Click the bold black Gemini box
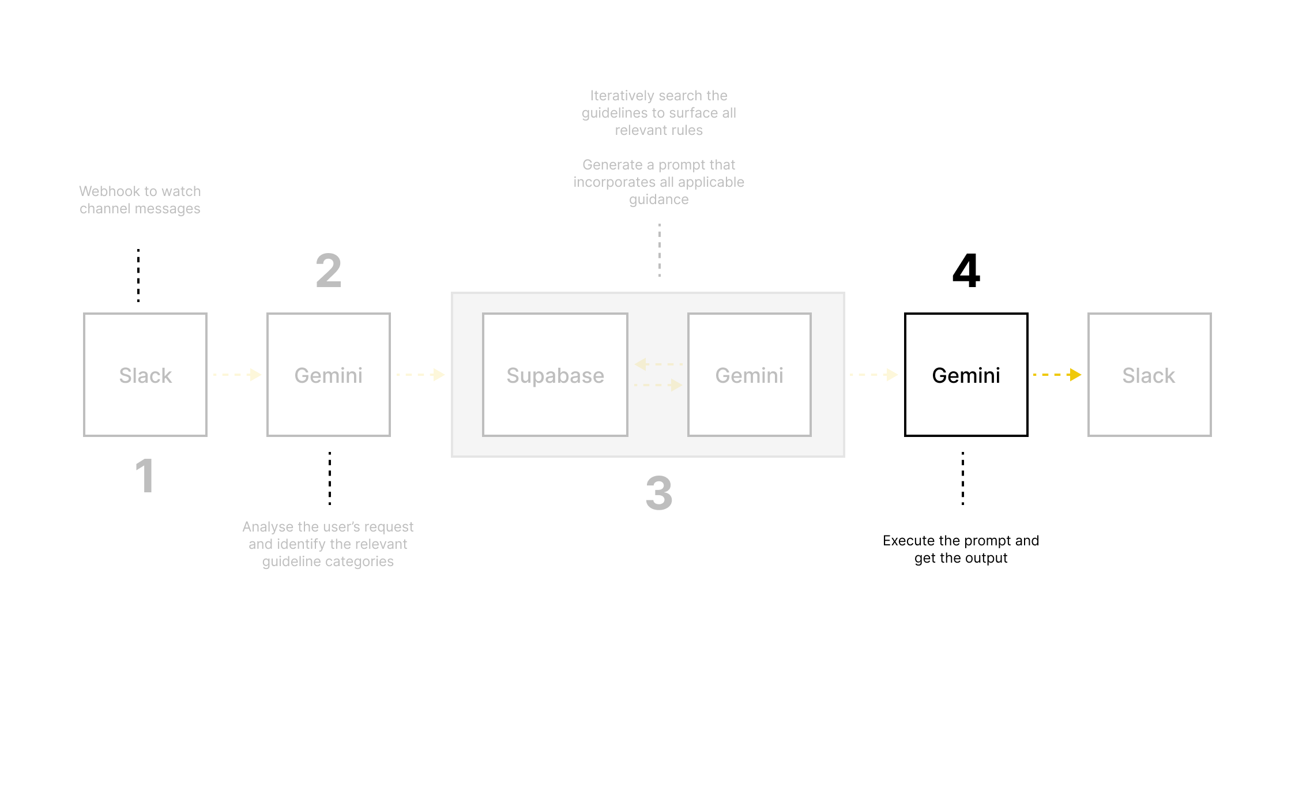(966, 375)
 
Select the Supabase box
(555, 375)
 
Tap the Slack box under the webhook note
(145, 375)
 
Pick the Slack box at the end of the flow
(1149, 375)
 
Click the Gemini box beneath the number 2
(328, 375)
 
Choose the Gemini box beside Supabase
(749, 375)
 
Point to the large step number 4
(966, 270)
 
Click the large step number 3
(659, 493)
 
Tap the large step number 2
(329, 270)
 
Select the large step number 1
(145, 476)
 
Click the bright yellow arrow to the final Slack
(1057, 375)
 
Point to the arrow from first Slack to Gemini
(237, 375)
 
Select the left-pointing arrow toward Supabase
(658, 364)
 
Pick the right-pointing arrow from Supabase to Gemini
(658, 385)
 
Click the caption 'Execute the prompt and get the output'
(961, 549)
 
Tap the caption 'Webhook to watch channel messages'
(140, 199)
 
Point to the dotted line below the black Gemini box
(962, 478)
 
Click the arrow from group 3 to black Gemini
(874, 375)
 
